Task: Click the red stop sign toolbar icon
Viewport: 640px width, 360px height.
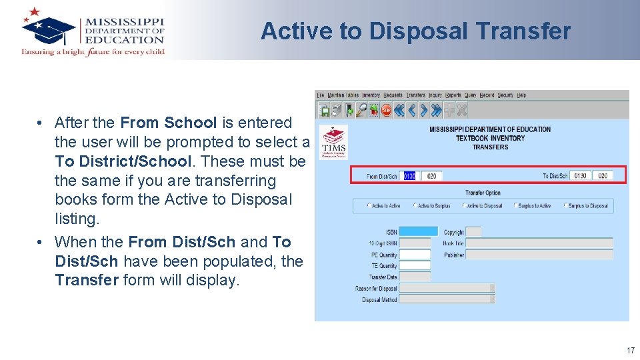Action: tap(385, 110)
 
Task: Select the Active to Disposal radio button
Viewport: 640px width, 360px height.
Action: tap(464, 206)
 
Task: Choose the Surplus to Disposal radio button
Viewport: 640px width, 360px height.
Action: tap(565, 206)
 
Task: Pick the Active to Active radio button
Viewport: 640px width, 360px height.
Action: tap(369, 206)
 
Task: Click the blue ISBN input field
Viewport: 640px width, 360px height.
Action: tap(418, 232)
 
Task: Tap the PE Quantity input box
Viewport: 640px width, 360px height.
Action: tap(415, 255)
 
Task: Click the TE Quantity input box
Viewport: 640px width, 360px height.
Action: tap(415, 266)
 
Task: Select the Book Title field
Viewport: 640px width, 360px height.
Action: tap(539, 243)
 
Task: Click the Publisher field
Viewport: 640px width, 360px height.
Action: tap(539, 255)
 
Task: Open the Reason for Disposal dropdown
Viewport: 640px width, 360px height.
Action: tap(447, 289)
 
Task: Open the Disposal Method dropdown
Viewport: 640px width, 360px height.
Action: tap(447, 300)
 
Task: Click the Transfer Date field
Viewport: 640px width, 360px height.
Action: tap(415, 277)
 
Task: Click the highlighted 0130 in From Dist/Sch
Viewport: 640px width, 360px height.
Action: tap(409, 176)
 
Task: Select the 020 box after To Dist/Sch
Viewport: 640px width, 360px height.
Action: tap(602, 176)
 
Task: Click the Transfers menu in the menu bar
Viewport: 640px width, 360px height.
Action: tap(415, 95)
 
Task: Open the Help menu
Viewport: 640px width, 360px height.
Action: tap(521, 95)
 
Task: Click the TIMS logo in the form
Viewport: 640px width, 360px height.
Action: tap(333, 142)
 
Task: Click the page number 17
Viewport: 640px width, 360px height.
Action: tap(630, 351)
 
